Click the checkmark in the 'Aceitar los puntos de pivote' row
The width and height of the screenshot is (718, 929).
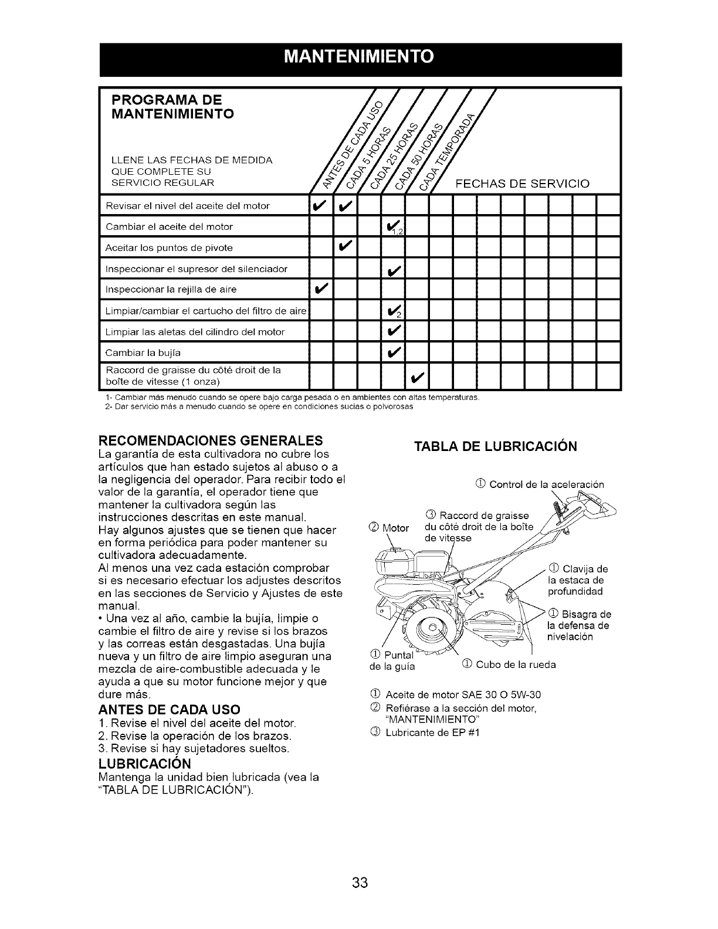coord(346,247)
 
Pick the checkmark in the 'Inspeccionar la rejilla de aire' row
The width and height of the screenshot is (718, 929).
coord(322,289)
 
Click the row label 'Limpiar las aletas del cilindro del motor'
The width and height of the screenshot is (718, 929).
coord(195,332)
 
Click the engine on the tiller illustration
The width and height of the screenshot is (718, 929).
coord(405,563)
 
